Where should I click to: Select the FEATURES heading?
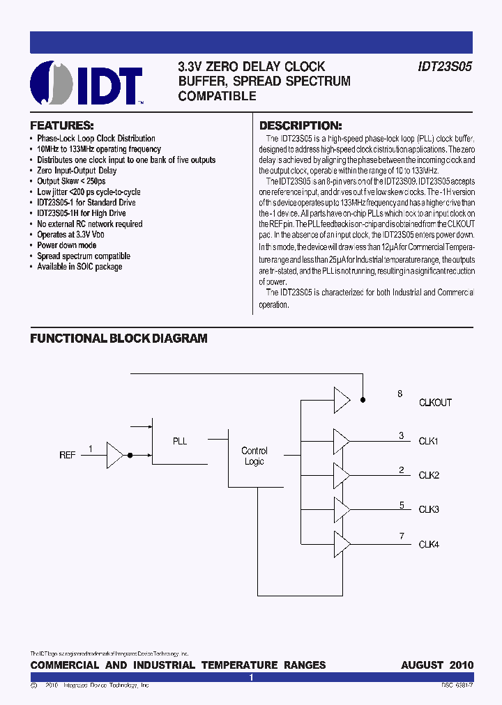(x=61, y=126)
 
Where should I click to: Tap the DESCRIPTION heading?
(x=301, y=126)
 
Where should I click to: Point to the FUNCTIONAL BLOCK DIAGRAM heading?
(x=119, y=339)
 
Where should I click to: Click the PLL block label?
(x=180, y=441)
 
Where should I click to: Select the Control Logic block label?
(x=254, y=456)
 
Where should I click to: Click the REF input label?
(x=68, y=455)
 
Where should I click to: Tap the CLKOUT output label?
(x=435, y=403)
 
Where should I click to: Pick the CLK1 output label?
(x=429, y=441)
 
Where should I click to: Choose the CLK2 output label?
(x=429, y=475)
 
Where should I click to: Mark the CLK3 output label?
(x=429, y=509)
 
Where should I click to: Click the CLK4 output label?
(x=429, y=544)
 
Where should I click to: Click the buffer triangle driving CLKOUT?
(x=342, y=400)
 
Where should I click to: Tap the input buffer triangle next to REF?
(x=114, y=455)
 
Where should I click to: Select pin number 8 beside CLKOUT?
(x=400, y=394)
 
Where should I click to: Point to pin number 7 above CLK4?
(x=402, y=536)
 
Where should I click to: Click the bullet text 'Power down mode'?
(x=67, y=245)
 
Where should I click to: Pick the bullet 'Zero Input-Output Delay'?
(x=77, y=170)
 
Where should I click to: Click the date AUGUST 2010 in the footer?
(x=437, y=665)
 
